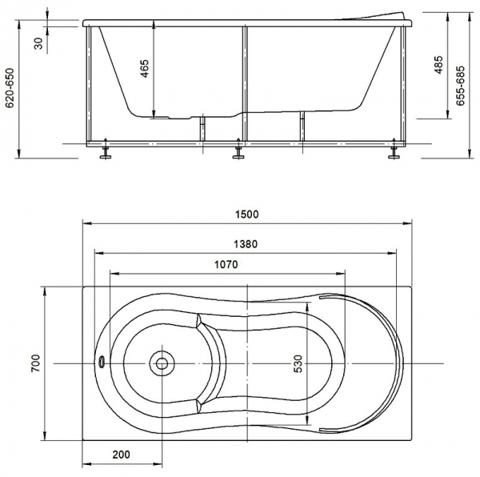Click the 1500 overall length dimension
point(246,214)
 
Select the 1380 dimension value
point(246,244)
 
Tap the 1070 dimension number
point(226,264)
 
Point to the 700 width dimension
point(35,363)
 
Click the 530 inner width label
point(298,363)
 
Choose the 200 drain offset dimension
point(121,455)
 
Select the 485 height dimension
point(438,65)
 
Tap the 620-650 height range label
point(10,88)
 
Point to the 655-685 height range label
point(460,86)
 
